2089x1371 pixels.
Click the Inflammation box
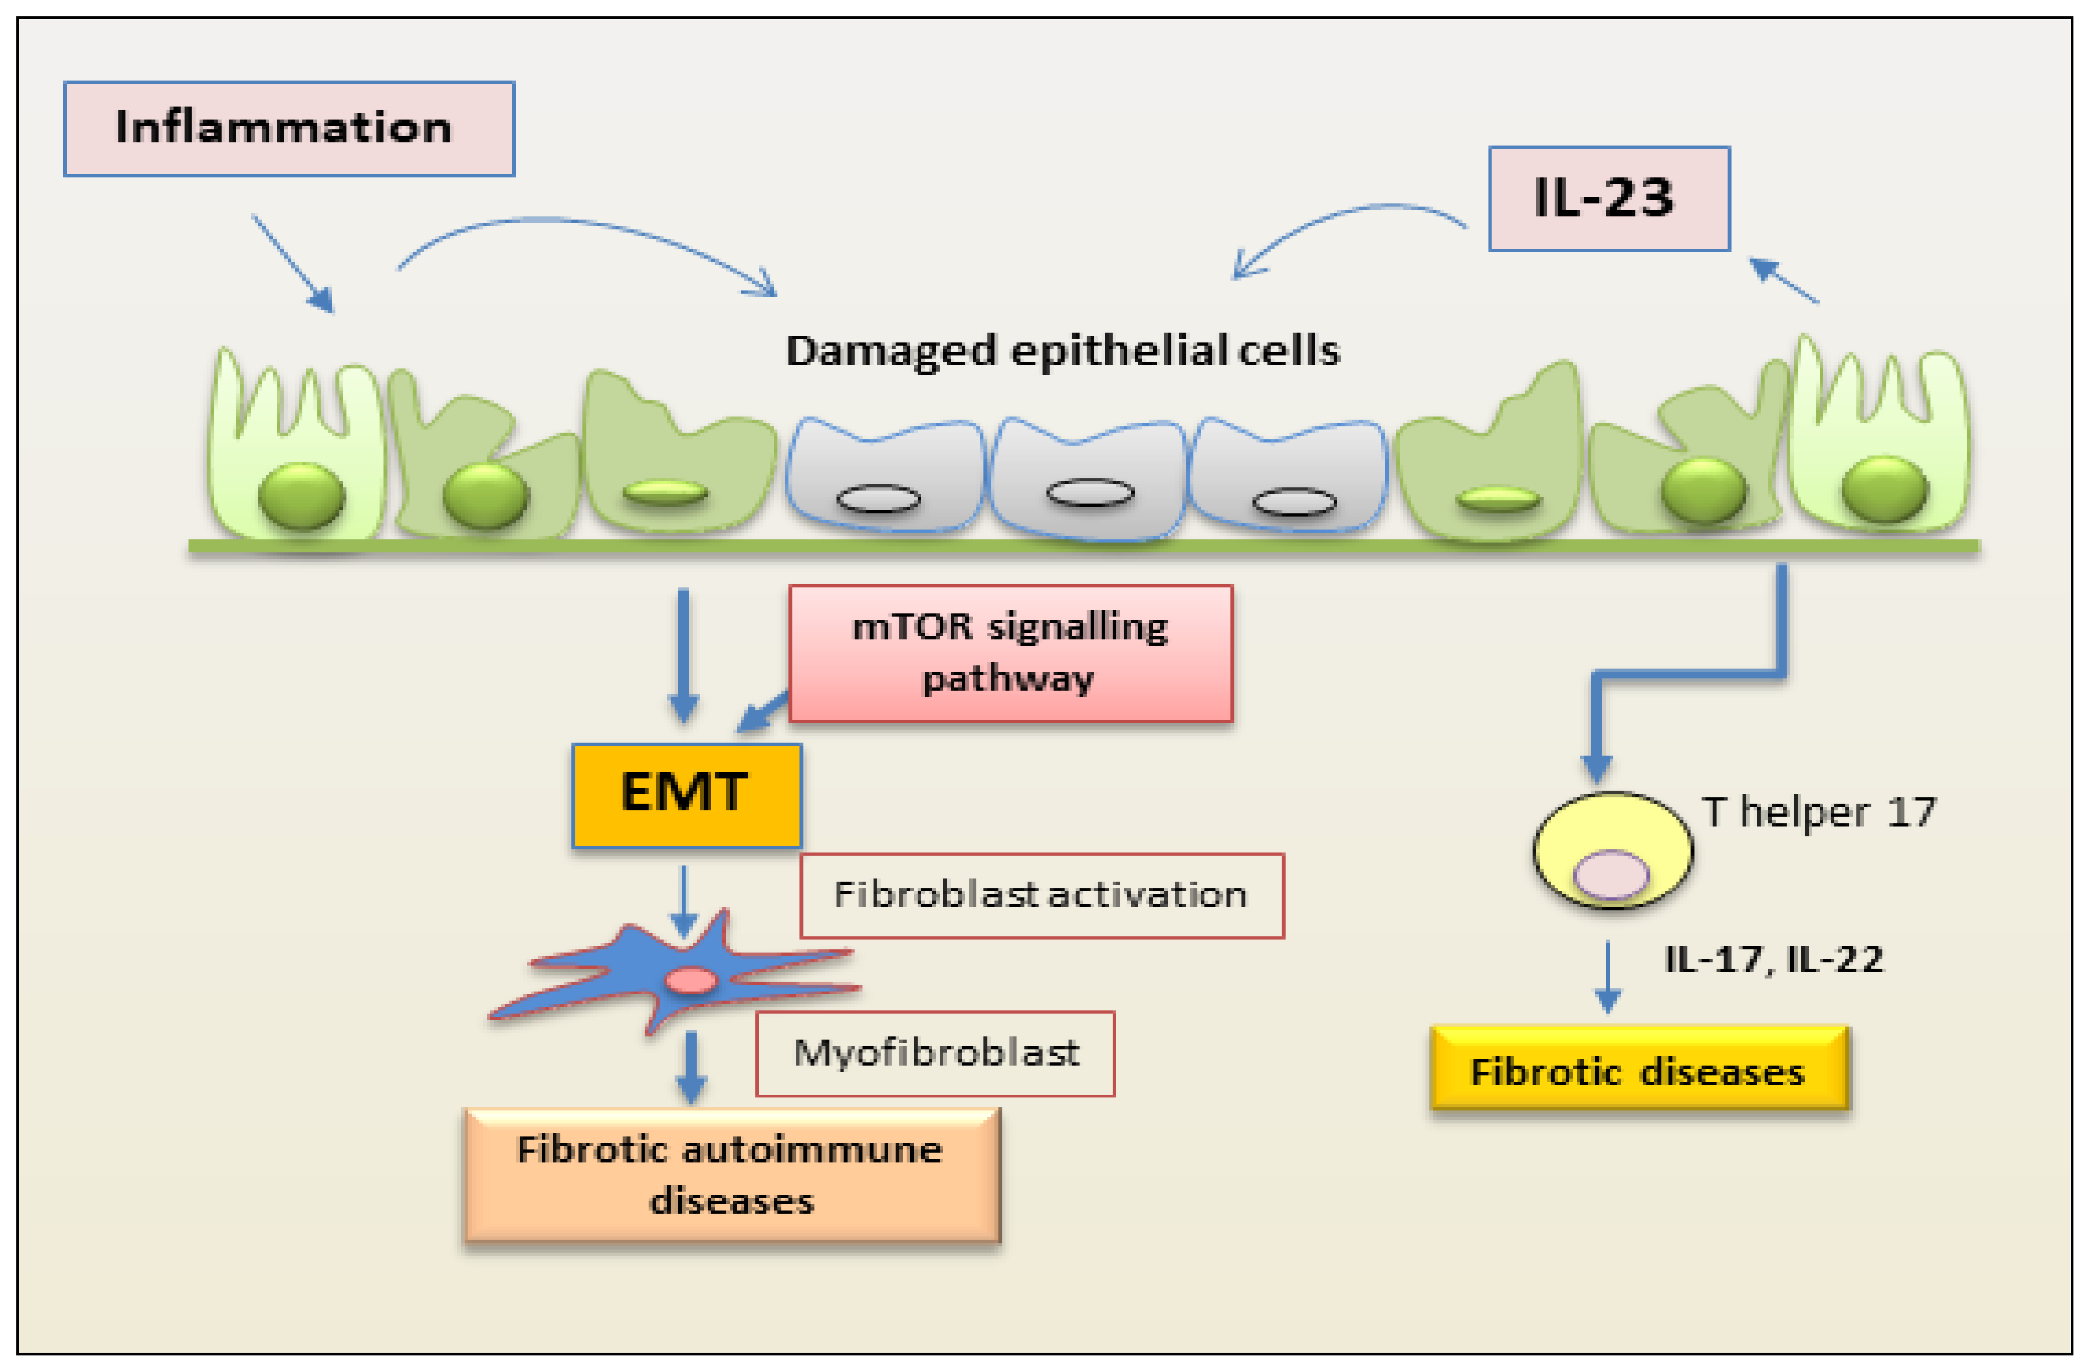pos(289,129)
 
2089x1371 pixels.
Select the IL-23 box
pos(1608,198)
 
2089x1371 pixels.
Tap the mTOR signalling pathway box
pos(1010,654)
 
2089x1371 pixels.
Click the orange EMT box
pos(686,795)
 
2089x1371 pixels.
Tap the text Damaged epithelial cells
pos(1062,351)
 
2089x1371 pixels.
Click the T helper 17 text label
pos(1818,812)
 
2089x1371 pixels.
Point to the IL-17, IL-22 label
pos(1773,959)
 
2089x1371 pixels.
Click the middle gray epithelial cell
pos(1089,478)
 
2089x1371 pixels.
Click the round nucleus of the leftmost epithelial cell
pos(301,495)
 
